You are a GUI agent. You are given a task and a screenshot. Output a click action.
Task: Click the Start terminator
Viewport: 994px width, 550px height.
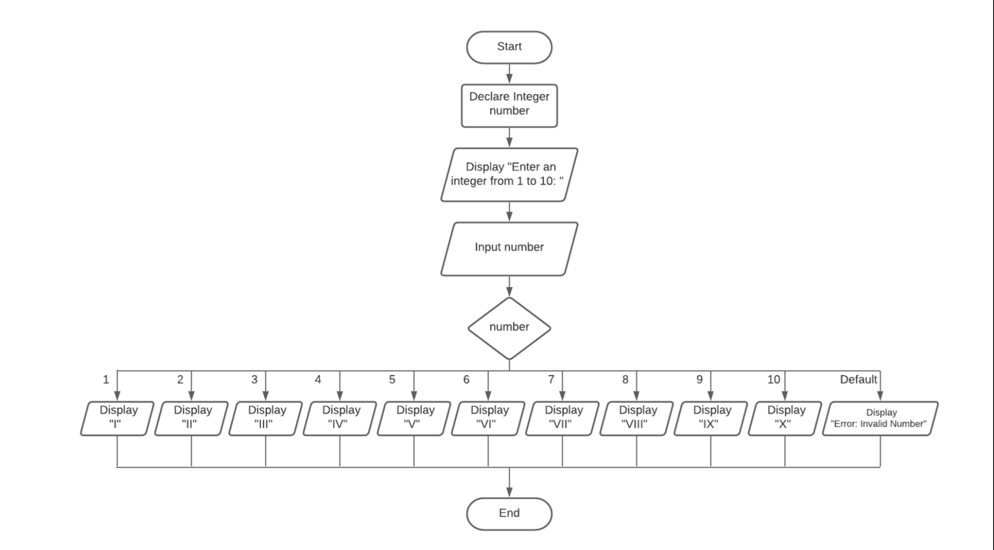509,47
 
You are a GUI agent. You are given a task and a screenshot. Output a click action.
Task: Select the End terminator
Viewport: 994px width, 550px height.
509,513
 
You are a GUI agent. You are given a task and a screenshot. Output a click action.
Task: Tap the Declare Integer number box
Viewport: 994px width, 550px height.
509,105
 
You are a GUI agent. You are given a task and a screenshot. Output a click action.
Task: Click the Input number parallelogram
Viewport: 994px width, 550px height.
509,248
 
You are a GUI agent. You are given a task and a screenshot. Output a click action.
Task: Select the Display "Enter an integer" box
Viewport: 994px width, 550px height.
509,174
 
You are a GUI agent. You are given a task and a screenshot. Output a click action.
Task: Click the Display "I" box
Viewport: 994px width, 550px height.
117,418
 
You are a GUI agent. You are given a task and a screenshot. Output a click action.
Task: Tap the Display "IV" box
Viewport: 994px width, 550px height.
339,418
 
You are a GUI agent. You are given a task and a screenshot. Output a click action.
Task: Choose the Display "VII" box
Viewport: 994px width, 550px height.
562,418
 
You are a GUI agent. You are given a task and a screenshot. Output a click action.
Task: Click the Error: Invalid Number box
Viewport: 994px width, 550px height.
880,418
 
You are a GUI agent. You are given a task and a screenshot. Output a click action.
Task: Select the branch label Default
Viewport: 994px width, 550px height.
858,379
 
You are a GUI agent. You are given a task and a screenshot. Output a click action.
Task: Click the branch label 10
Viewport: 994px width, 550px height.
773,379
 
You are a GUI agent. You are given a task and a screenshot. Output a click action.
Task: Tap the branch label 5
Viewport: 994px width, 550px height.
392,379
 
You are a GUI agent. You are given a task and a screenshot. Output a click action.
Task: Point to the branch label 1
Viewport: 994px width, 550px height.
106,379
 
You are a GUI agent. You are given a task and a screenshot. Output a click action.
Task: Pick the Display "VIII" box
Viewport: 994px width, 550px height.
636,418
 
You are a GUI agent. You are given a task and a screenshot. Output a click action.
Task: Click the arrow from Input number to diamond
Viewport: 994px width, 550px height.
509,286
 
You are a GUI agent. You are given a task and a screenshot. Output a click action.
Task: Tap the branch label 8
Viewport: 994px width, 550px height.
625,379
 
